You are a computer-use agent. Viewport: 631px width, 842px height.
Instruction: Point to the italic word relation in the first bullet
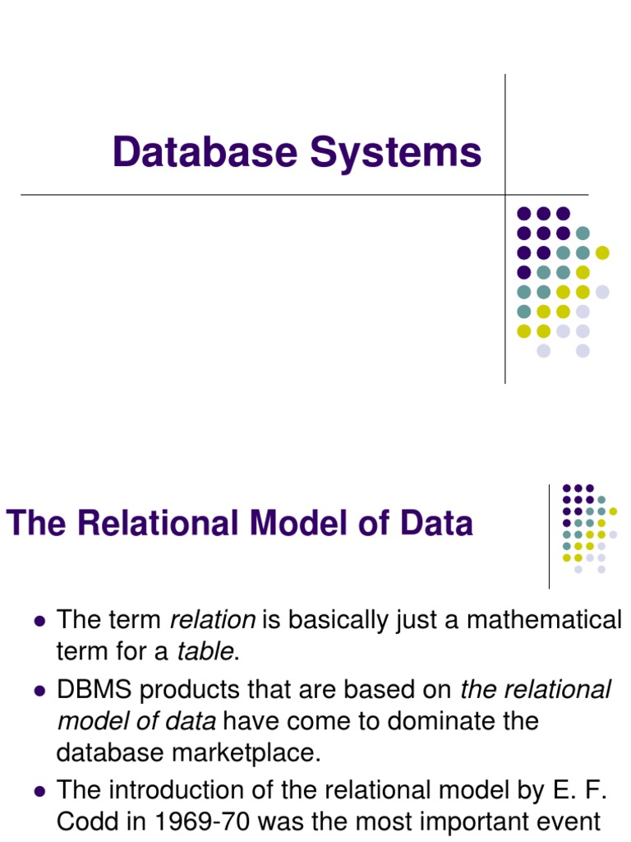(213, 620)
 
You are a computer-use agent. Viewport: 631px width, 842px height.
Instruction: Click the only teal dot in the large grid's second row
(583, 233)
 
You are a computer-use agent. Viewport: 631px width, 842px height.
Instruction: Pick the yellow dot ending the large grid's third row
(602, 252)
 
